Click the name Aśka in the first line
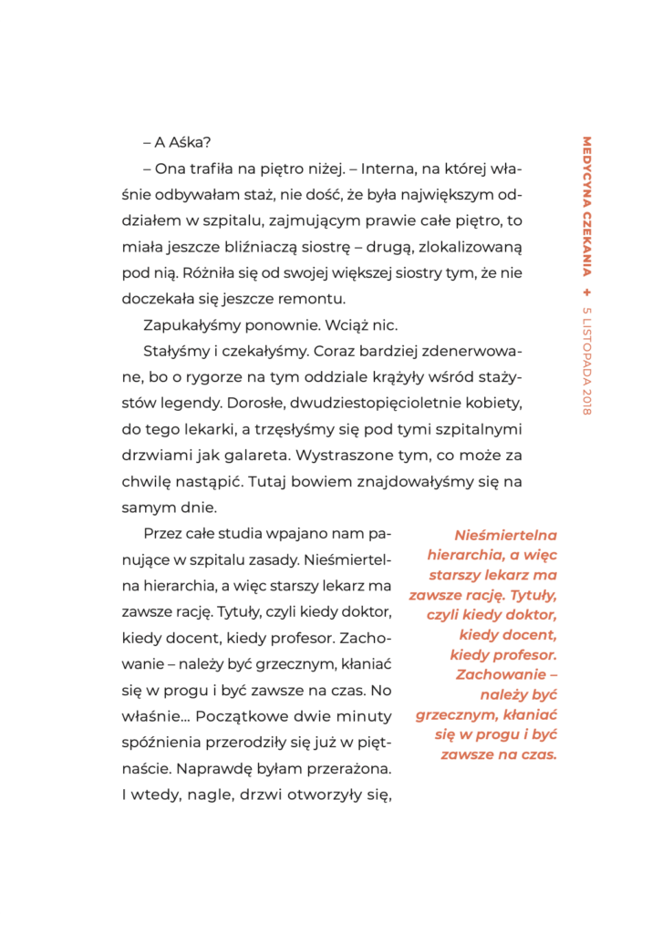point(190,143)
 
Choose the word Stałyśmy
point(178,350)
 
